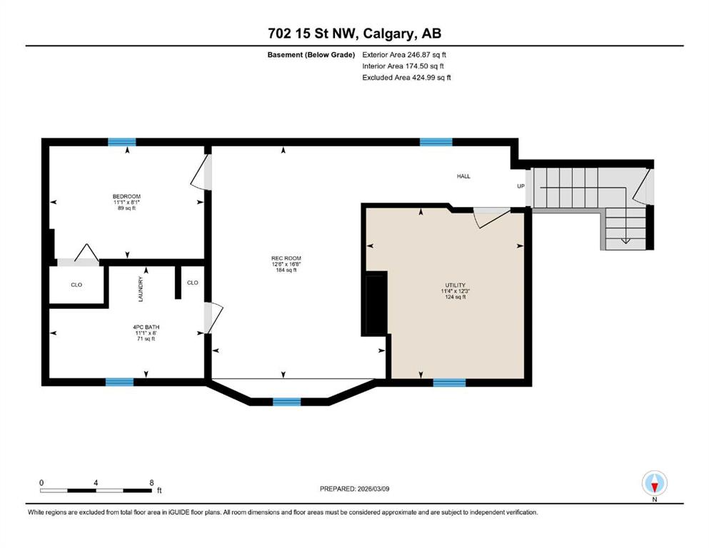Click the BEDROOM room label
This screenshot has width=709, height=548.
point(126,196)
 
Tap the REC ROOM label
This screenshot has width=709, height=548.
point(286,258)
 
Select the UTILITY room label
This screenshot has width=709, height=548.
point(456,285)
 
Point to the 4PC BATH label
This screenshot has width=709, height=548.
point(146,327)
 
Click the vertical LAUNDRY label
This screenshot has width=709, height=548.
point(141,289)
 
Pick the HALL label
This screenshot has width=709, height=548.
point(463,176)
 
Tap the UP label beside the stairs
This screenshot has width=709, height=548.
point(521,186)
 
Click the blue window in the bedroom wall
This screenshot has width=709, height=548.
point(121,142)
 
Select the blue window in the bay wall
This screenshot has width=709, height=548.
point(287,402)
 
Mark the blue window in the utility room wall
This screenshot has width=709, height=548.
point(449,382)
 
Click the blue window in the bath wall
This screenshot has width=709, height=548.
point(119,382)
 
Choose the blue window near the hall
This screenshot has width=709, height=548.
point(436,142)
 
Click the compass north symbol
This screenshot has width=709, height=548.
point(654,484)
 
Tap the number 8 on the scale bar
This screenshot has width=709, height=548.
point(151,482)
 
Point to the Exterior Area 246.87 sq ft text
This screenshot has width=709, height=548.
point(404,55)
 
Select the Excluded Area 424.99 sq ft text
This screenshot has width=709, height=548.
point(406,77)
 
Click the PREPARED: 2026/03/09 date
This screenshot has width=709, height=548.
point(354,489)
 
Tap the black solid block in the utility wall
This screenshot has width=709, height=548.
point(376,303)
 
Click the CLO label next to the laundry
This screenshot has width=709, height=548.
point(193,283)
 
